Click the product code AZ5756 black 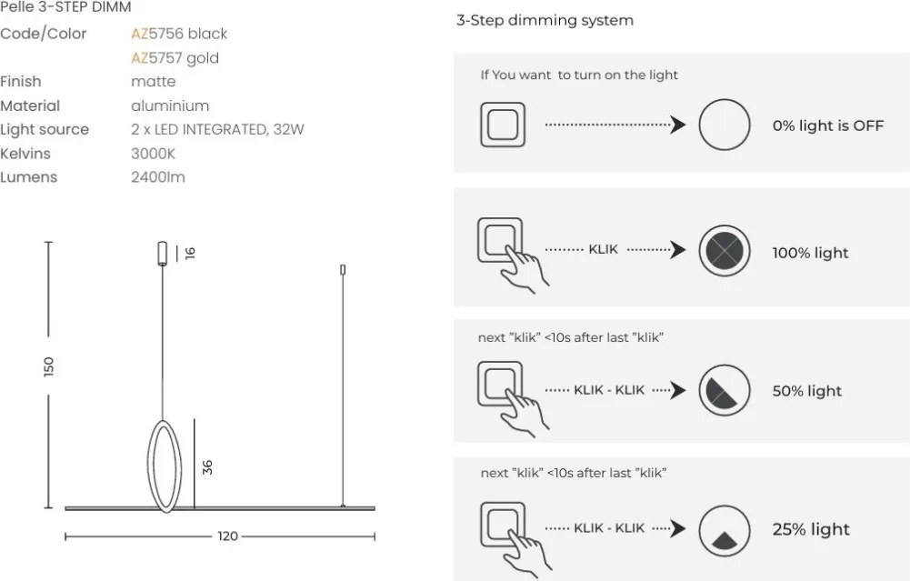[x=179, y=34]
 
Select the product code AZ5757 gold [x=175, y=58]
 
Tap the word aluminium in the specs [x=170, y=105]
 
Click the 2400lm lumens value [x=158, y=177]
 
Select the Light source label [x=45, y=129]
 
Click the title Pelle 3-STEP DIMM [x=65, y=7]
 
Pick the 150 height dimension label [x=49, y=366]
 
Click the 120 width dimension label [x=227, y=536]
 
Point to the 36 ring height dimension [x=207, y=467]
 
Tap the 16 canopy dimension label [x=190, y=253]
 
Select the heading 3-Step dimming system [x=545, y=20]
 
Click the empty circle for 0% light [x=724, y=125]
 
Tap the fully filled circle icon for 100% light [x=724, y=251]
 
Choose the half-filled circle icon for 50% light [x=724, y=391]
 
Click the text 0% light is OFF [x=827, y=126]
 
